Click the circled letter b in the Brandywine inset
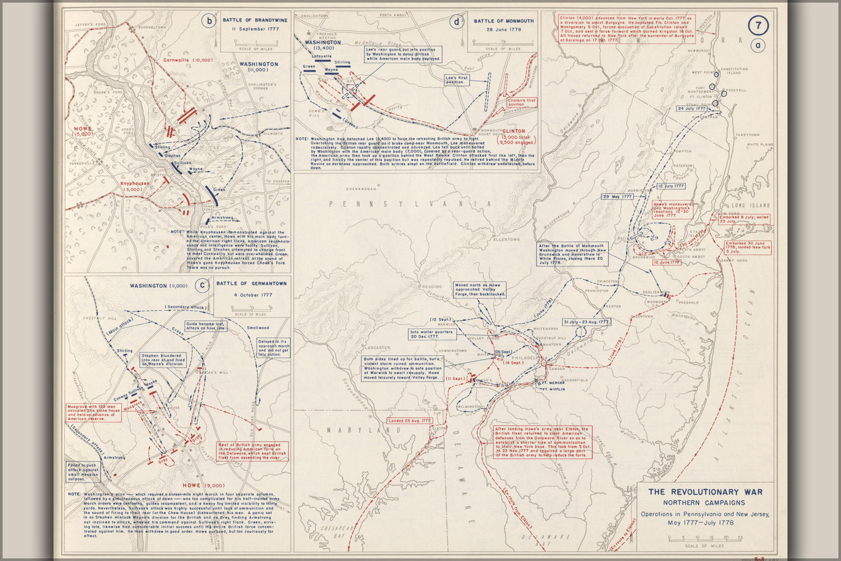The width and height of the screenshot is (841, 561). click(x=209, y=22)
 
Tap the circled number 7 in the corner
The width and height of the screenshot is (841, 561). click(x=758, y=25)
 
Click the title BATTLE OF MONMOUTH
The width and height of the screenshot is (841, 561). click(x=503, y=21)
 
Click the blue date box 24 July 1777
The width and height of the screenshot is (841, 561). click(x=691, y=108)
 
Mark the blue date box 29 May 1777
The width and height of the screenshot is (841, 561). click(x=618, y=197)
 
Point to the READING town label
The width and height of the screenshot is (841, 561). click(x=431, y=287)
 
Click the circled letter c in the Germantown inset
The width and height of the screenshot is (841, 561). click(x=201, y=286)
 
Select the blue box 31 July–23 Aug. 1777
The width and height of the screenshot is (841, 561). click(x=586, y=322)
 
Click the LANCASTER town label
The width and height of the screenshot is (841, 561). click(x=376, y=348)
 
